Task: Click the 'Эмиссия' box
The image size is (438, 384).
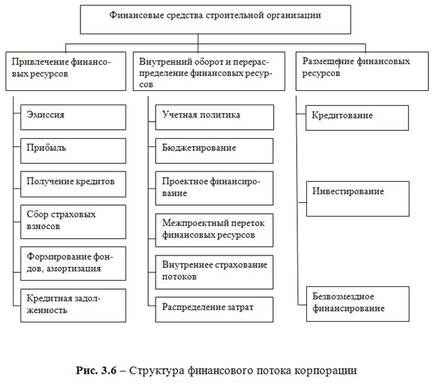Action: [73, 117]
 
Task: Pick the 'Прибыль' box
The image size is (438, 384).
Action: [73, 150]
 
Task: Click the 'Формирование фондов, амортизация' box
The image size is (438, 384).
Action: [73, 263]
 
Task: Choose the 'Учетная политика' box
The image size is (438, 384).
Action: [214, 117]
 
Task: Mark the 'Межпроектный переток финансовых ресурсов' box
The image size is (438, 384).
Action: [214, 230]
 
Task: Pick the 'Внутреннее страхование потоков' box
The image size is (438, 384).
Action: [214, 271]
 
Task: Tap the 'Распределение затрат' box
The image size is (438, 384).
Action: [214, 309]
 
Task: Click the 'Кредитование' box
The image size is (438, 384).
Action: [356, 117]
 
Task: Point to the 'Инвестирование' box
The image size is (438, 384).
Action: [356, 198]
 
